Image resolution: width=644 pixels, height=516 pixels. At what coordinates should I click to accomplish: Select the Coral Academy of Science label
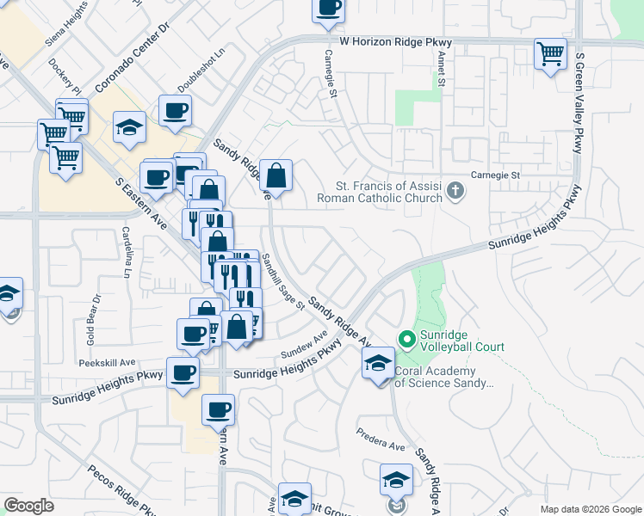click(443, 378)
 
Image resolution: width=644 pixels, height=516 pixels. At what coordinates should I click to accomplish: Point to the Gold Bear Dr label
click(93, 320)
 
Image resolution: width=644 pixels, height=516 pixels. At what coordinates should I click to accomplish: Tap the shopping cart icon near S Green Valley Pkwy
click(550, 55)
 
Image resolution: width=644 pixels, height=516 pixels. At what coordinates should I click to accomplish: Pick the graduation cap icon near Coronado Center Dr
click(130, 128)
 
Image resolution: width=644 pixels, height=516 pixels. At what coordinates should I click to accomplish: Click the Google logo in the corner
click(28, 506)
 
